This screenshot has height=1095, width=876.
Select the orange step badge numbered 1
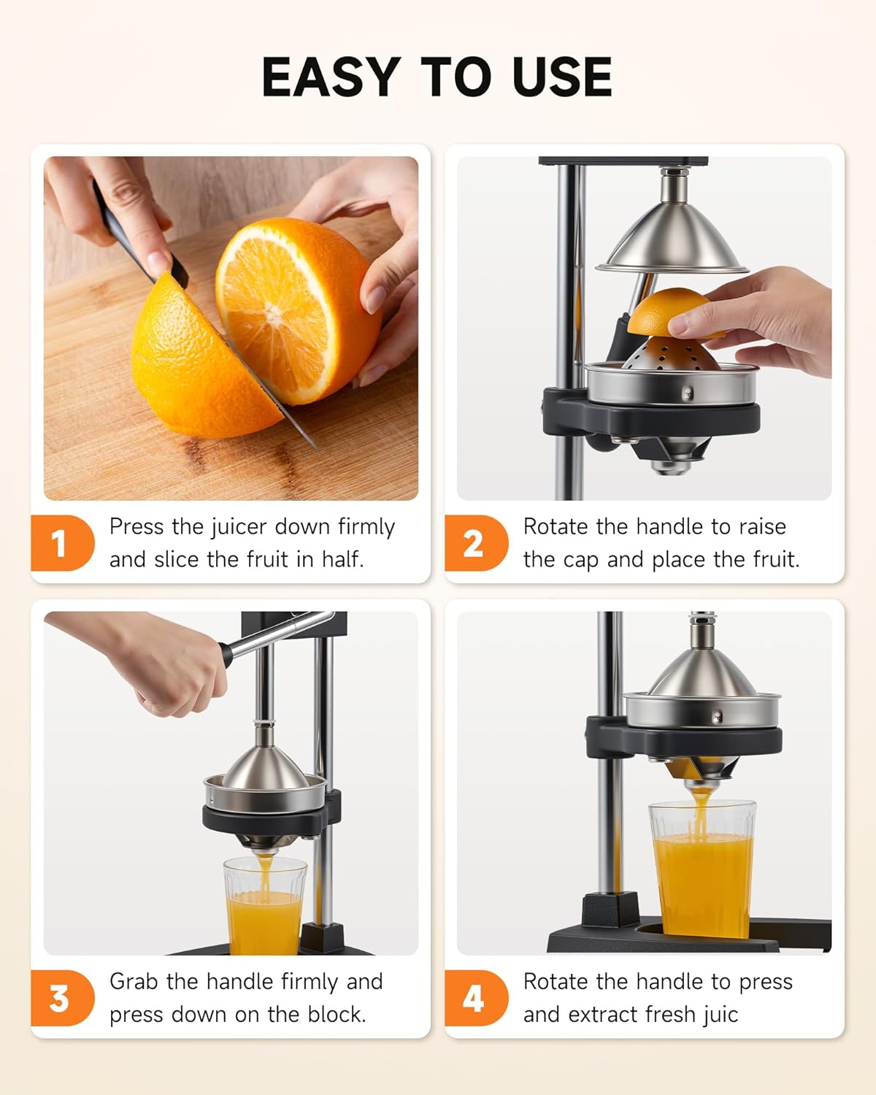coord(60,543)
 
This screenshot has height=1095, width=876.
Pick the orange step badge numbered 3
coord(60,998)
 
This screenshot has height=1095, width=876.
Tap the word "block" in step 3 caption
coord(334,1014)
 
